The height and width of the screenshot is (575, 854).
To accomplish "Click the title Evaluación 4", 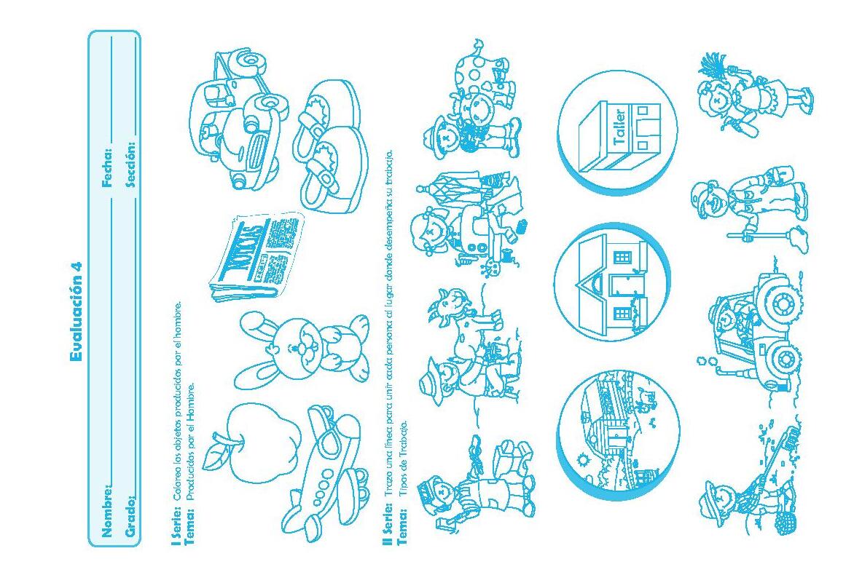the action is click(x=77, y=312).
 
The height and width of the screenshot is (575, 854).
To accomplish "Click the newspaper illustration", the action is click(x=256, y=256).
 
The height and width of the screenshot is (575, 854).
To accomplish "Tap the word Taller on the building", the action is click(x=619, y=127).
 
